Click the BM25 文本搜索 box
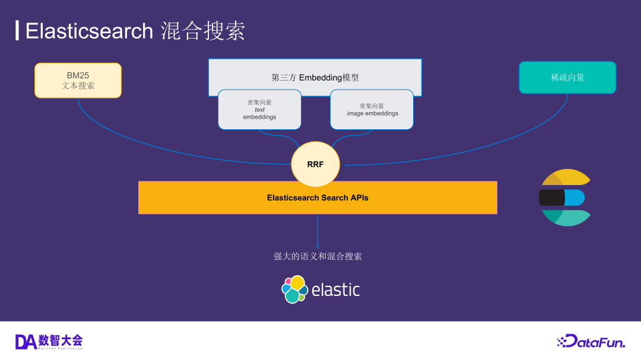pyautogui.click(x=78, y=80)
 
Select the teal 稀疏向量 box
pyautogui.click(x=567, y=78)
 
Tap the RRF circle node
pyautogui.click(x=315, y=164)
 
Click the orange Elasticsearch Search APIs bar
pyautogui.click(x=318, y=197)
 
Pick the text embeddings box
pyautogui.click(x=259, y=110)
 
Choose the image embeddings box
pyautogui.click(x=372, y=110)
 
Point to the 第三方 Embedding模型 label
pyautogui.click(x=315, y=77)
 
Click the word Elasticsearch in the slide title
pyautogui.click(x=89, y=31)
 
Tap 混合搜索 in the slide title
pyautogui.click(x=203, y=31)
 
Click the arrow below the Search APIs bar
pyautogui.click(x=318, y=231)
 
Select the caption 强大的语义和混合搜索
pyautogui.click(x=318, y=256)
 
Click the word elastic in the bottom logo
pyautogui.click(x=335, y=290)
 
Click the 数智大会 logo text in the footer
pyautogui.click(x=61, y=340)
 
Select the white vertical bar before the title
pyautogui.click(x=17, y=30)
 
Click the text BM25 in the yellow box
pyautogui.click(x=78, y=75)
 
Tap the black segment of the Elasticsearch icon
pyautogui.click(x=552, y=197)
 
